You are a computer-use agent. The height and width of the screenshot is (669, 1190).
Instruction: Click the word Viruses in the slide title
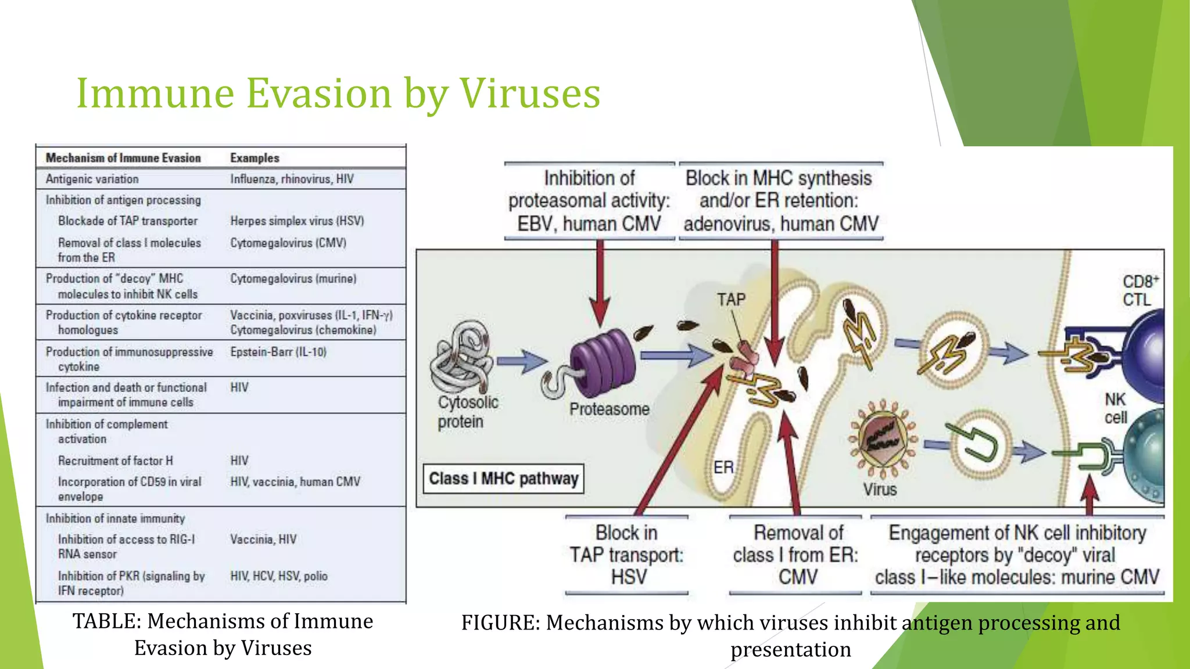(x=530, y=93)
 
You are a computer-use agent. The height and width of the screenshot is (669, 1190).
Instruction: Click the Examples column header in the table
(x=255, y=158)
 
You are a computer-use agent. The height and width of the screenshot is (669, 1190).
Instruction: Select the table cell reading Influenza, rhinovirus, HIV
(x=292, y=179)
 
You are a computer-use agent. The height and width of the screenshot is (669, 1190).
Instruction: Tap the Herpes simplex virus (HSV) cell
(x=297, y=221)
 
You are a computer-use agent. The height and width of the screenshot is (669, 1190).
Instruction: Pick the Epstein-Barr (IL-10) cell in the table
(x=278, y=352)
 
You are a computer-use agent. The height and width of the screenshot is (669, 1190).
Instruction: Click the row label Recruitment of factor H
(x=115, y=461)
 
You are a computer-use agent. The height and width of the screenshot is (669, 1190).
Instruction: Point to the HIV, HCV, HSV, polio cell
(x=279, y=576)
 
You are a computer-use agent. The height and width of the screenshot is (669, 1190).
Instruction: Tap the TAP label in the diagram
(x=730, y=299)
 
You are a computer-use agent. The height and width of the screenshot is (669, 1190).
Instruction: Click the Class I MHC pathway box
(x=503, y=479)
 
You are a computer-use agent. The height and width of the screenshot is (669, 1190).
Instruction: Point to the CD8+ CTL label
(x=1139, y=290)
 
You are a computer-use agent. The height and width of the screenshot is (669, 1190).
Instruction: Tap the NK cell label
(x=1115, y=408)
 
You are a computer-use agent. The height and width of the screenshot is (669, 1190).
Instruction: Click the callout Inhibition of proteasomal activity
(x=589, y=201)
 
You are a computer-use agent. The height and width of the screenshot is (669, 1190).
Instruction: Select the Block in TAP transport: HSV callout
(x=626, y=555)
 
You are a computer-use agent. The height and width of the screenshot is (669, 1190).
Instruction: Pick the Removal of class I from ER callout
(x=795, y=555)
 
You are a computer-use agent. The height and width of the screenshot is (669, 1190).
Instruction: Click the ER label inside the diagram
(x=723, y=467)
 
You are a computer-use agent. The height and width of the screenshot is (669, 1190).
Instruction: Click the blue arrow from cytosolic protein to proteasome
(x=522, y=361)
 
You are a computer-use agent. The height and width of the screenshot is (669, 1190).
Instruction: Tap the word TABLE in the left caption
(x=107, y=621)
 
